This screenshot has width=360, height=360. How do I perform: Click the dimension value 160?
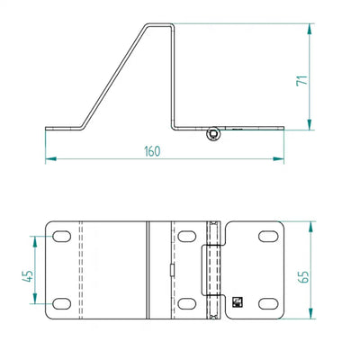coord(152,151)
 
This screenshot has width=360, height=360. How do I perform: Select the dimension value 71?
coord(302,80)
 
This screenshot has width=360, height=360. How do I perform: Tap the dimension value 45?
coord(28,276)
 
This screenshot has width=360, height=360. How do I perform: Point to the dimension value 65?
coord(303,277)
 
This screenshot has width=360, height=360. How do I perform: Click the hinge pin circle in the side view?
coord(213,134)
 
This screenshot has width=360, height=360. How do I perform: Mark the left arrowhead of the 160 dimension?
coord(50,158)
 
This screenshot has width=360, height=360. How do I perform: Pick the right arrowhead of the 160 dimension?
coord(278,158)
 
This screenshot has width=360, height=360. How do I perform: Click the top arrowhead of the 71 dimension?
coord(310,29)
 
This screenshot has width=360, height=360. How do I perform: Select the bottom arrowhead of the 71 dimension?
coord(310,124)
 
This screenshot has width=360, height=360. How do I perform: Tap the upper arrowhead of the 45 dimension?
coord(35,241)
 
